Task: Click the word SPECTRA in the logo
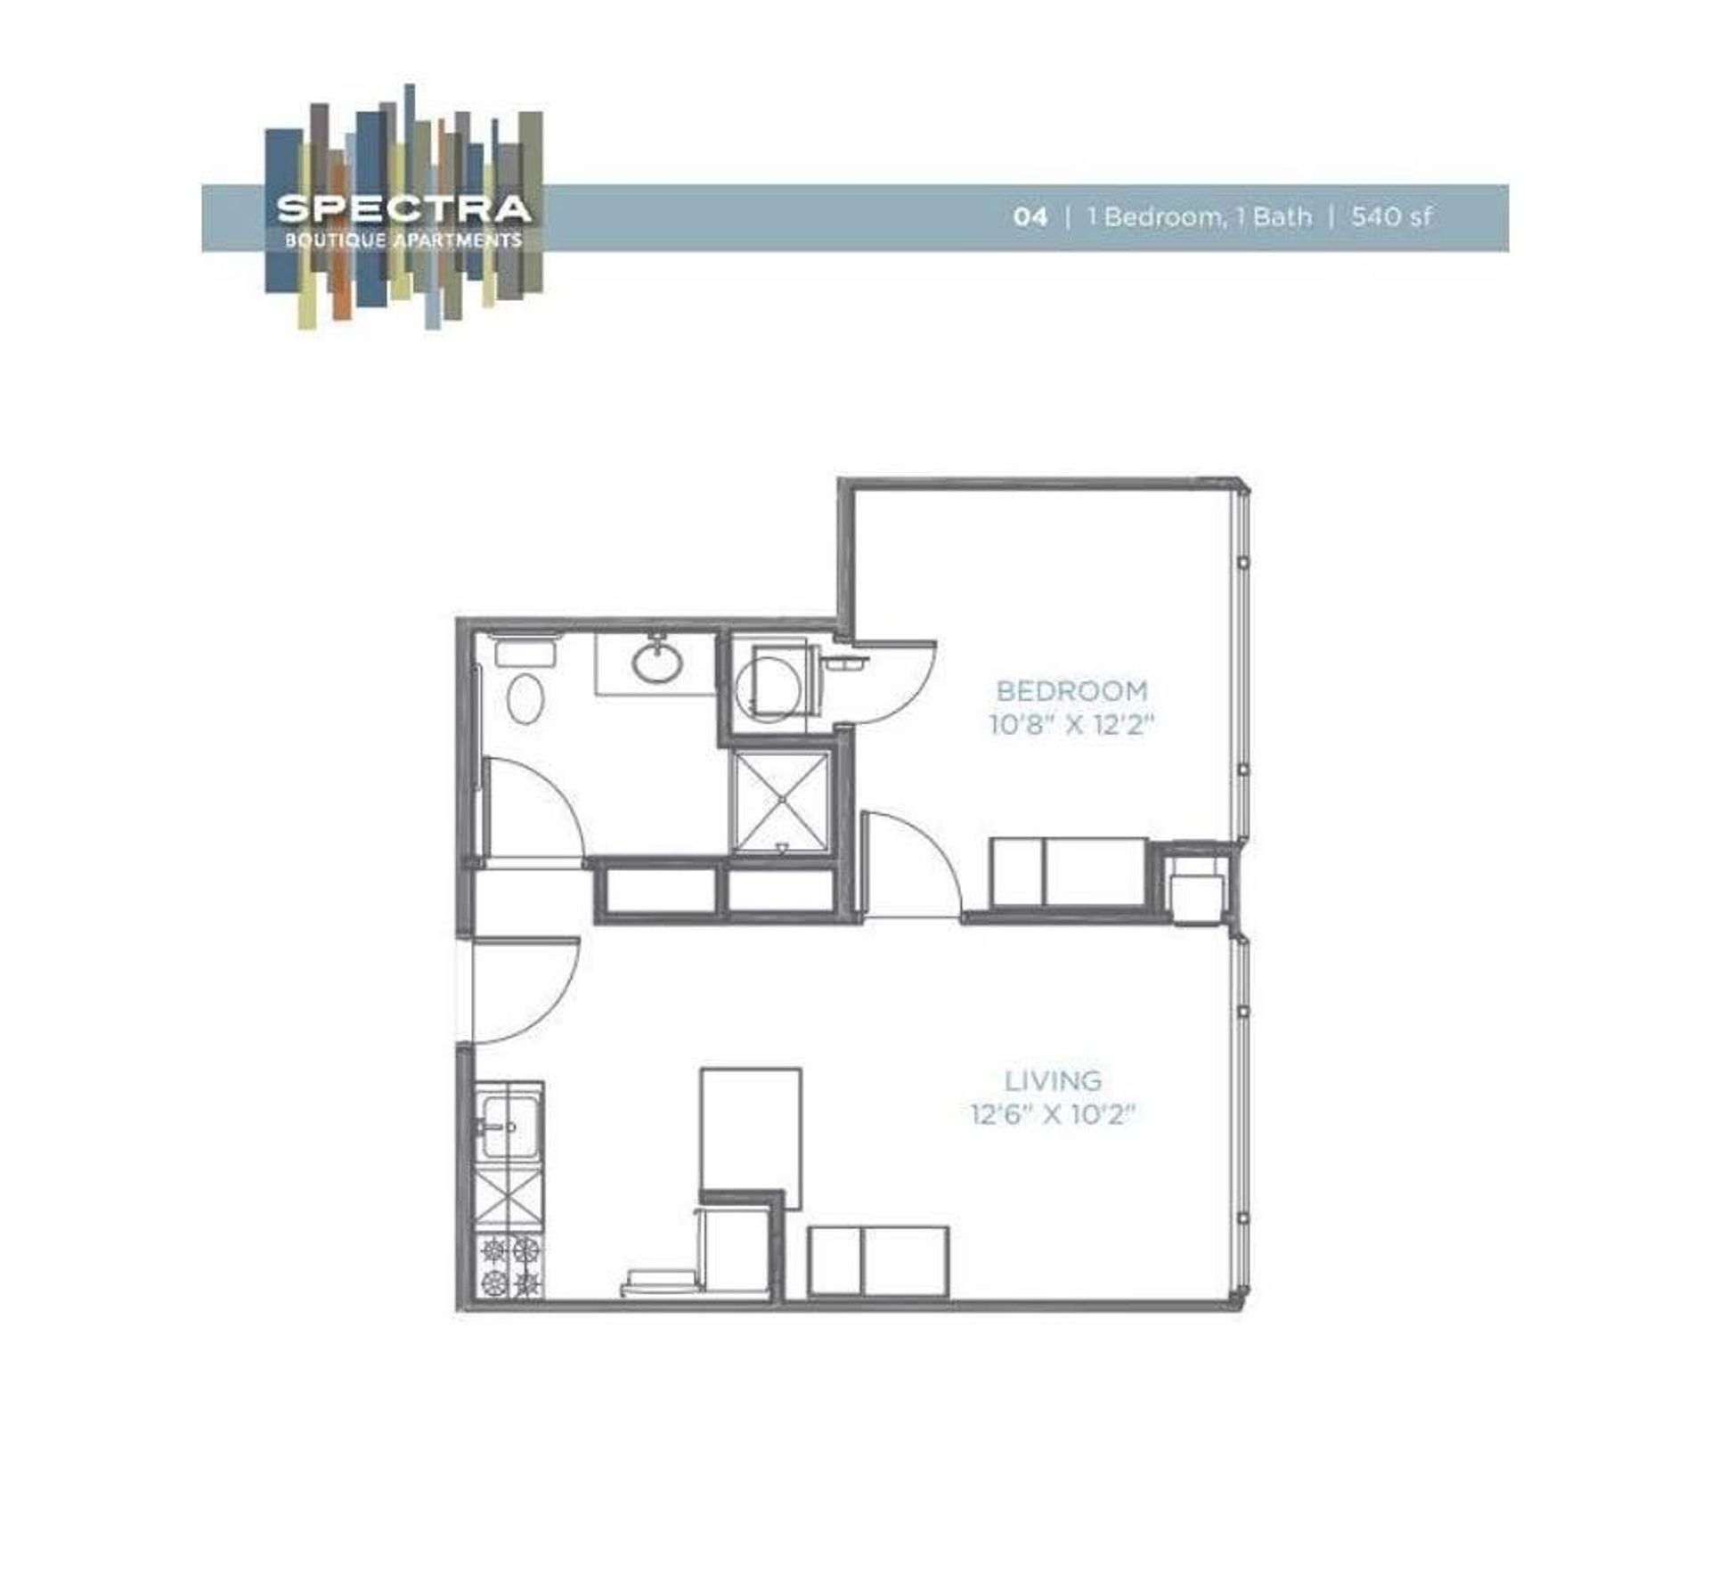tap(403, 208)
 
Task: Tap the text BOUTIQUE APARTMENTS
tap(403, 240)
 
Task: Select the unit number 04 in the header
tap(1030, 216)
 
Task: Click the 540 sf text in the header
tap(1391, 216)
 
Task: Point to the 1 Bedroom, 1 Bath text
tap(1199, 216)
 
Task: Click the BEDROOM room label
tap(1071, 690)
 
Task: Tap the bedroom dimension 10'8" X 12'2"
tap(1071, 724)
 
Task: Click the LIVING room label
tap(1054, 1080)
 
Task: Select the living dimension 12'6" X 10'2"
tap(1054, 1114)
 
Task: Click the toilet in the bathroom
tap(525, 696)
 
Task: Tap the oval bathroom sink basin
tap(657, 662)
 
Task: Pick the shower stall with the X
tap(782, 802)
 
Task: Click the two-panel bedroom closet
tap(1068, 872)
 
